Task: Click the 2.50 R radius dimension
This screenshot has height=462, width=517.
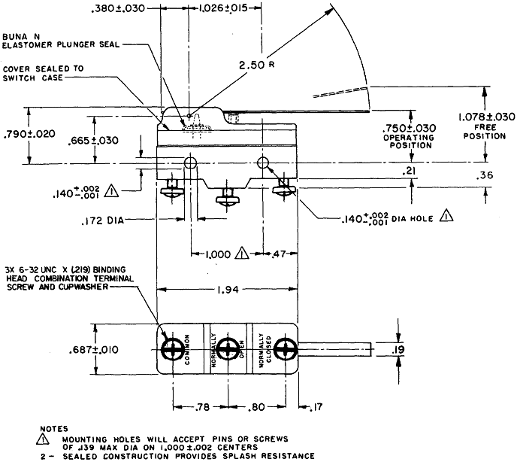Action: click(x=256, y=65)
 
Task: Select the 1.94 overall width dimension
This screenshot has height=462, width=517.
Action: click(x=228, y=290)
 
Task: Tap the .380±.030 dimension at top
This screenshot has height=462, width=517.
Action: click(x=118, y=8)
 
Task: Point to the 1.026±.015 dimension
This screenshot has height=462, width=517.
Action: click(x=223, y=8)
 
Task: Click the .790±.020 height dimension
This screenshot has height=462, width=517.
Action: click(x=29, y=134)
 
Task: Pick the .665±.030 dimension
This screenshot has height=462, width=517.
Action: click(x=93, y=141)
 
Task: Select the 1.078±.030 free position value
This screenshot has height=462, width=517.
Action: click(x=486, y=117)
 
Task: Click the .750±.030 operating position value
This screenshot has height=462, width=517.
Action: click(x=409, y=128)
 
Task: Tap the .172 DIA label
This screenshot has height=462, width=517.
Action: click(x=102, y=220)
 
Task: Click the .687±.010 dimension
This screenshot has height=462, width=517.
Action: click(x=94, y=350)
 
